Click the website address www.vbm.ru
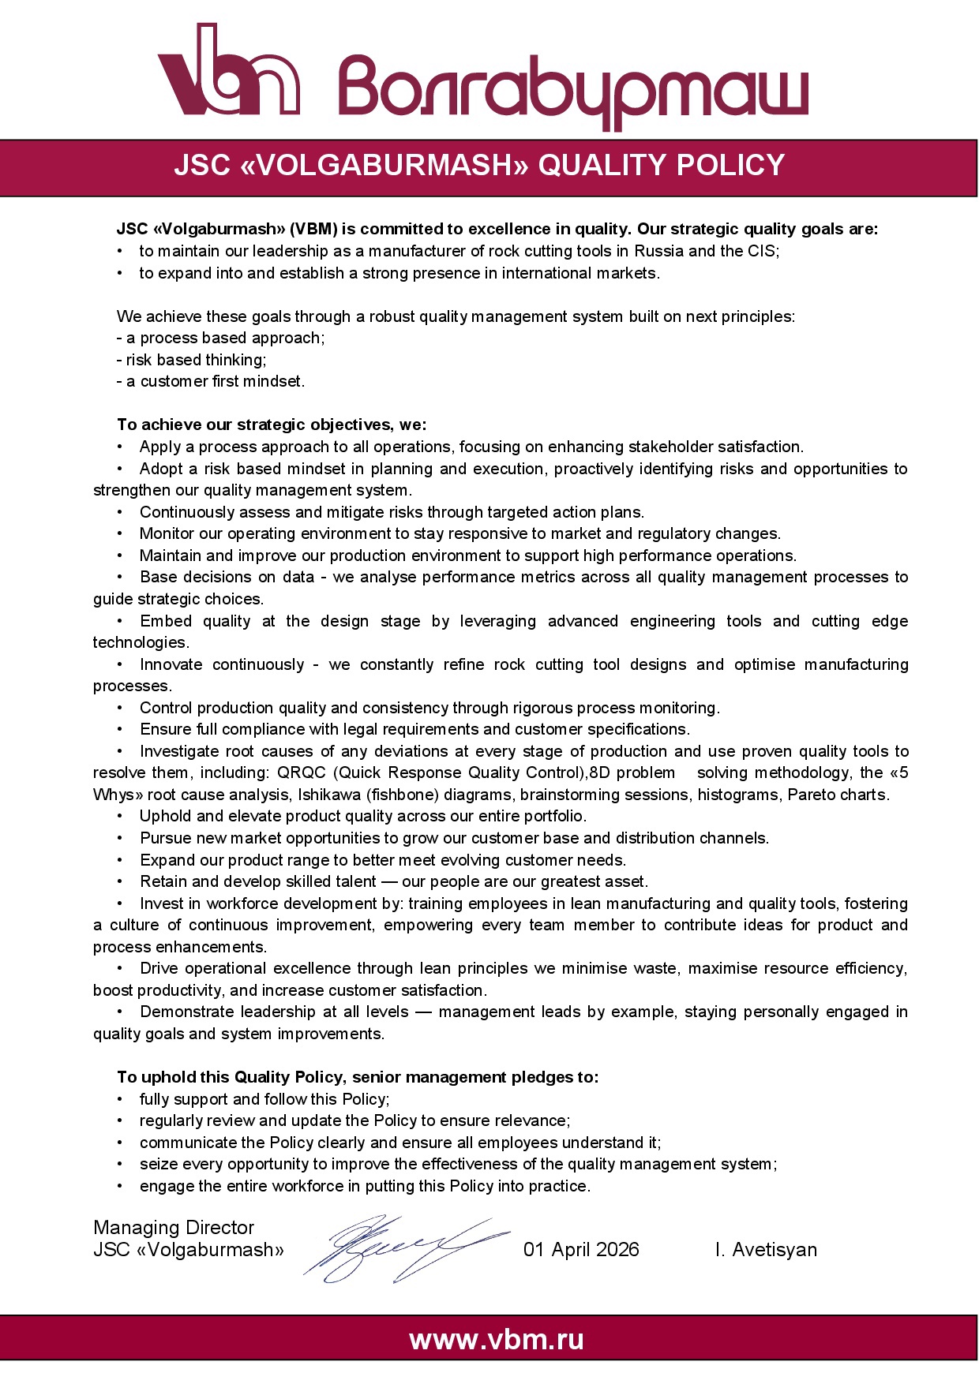(497, 1339)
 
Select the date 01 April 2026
(581, 1249)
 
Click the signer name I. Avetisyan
(766, 1249)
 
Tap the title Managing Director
(174, 1227)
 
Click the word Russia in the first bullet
(659, 251)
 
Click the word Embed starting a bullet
(166, 621)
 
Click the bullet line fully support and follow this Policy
(264, 1099)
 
